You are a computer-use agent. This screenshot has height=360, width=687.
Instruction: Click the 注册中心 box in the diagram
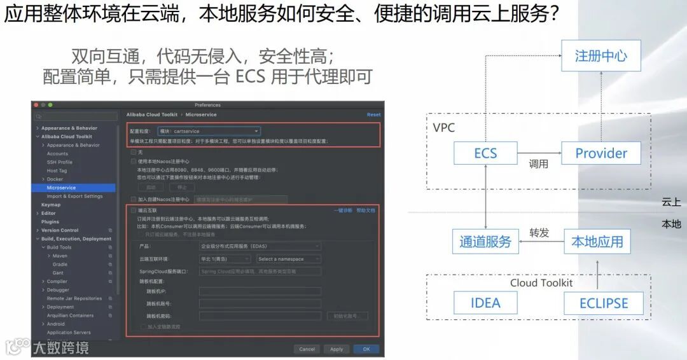point(600,56)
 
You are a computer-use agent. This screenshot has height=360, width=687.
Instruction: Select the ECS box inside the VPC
point(485,153)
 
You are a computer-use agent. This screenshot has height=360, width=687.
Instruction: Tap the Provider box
point(600,153)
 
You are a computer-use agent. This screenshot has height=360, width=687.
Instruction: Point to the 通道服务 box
point(485,242)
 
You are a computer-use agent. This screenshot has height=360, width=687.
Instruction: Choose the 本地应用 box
point(597,242)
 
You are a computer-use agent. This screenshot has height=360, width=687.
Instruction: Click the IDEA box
point(485,303)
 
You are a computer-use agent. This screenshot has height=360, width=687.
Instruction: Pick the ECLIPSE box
point(603,303)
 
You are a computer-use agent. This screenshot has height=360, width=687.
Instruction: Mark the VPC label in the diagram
point(443,128)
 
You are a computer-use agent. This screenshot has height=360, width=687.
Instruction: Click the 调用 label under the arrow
point(538,164)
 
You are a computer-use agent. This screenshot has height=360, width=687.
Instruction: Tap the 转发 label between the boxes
point(539,233)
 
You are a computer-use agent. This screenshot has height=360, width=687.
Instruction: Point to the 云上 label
point(671,202)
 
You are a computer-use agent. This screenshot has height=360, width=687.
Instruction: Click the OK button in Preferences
point(366,349)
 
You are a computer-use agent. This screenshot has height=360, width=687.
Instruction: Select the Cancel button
point(307,349)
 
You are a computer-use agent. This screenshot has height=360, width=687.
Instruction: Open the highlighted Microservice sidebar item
point(62,188)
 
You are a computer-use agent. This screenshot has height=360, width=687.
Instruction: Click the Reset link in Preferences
point(373,114)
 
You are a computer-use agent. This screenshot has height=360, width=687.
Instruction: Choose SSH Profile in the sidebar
point(60,162)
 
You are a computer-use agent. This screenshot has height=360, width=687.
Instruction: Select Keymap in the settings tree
point(51,205)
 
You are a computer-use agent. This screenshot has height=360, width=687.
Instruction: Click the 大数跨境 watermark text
point(61,347)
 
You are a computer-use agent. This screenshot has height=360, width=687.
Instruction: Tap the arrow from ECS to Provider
point(538,153)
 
